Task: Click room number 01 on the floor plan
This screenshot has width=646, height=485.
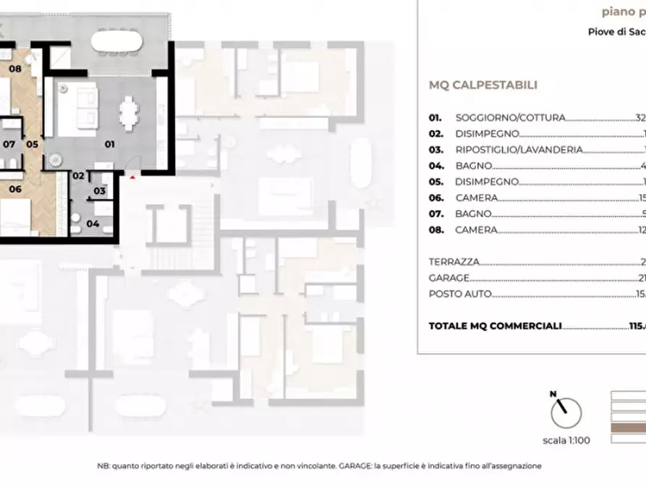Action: click(x=110, y=144)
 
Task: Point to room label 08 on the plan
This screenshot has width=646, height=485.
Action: click(x=15, y=69)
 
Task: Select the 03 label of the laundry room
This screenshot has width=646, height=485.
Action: click(x=100, y=191)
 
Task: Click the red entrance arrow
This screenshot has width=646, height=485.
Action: click(x=132, y=176)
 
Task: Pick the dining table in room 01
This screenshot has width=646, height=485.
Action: click(x=129, y=114)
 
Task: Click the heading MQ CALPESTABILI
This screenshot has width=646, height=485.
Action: click(x=483, y=85)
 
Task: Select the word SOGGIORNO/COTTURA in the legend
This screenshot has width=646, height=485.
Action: click(x=510, y=117)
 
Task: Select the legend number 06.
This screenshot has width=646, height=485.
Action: click(x=435, y=198)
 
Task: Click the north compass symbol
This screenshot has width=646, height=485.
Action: click(x=566, y=413)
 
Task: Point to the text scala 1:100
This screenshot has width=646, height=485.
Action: click(x=566, y=440)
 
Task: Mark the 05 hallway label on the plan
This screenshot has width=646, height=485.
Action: click(x=32, y=144)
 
